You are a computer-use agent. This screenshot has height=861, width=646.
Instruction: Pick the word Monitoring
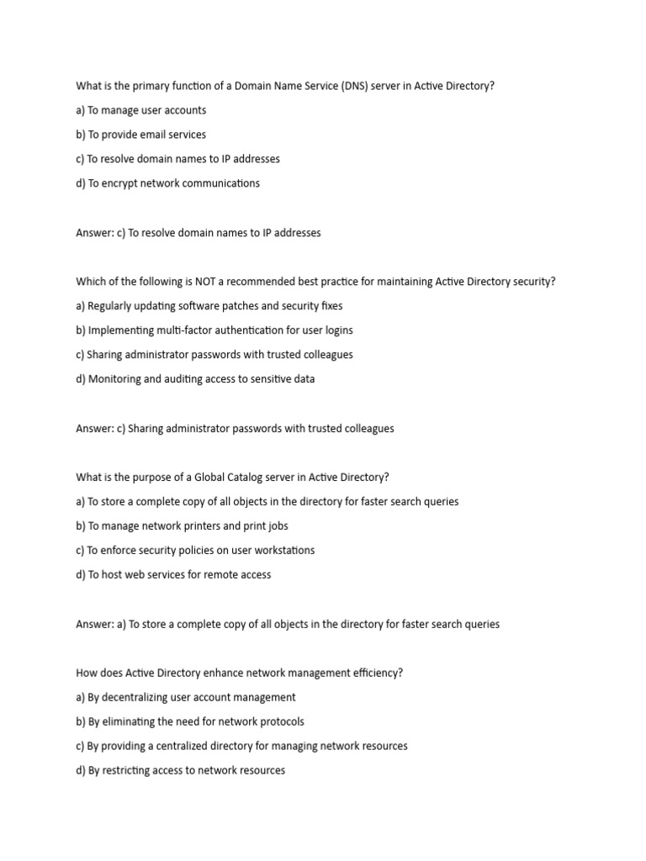[x=115, y=379]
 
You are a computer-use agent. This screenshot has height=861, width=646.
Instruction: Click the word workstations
[x=283, y=551]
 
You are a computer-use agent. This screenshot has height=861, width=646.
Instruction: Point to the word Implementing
[x=124, y=330]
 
